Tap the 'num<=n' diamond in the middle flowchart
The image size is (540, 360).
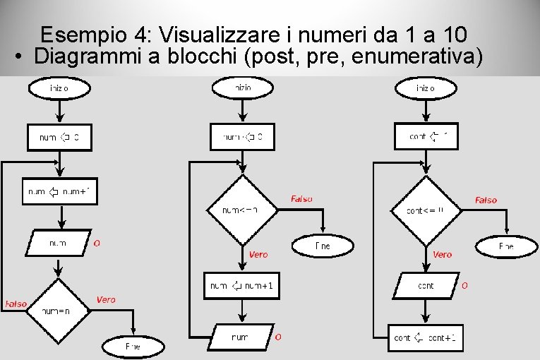coord(241,210)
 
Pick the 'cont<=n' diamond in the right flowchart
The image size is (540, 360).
coord(426,210)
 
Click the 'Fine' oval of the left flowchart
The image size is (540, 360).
coord(133,347)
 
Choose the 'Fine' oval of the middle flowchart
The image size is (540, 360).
coord(323,246)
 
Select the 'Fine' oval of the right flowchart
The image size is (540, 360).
coord(507,246)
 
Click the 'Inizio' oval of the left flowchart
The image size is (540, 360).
coord(59,88)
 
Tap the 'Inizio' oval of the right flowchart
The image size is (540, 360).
coord(426,88)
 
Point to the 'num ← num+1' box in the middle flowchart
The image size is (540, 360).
coord(242,285)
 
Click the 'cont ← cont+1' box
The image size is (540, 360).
coord(426,337)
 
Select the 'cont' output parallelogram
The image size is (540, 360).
coord(426,286)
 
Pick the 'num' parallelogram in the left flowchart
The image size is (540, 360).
coord(59,244)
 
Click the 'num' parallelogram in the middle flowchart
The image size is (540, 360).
coord(241,337)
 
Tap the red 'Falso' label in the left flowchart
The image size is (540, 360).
coord(16,304)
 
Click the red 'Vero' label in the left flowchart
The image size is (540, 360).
coord(106,300)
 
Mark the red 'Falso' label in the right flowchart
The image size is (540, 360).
coord(486,200)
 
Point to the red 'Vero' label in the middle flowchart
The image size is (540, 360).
coord(258,255)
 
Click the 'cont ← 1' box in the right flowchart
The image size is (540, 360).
coord(426,136)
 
